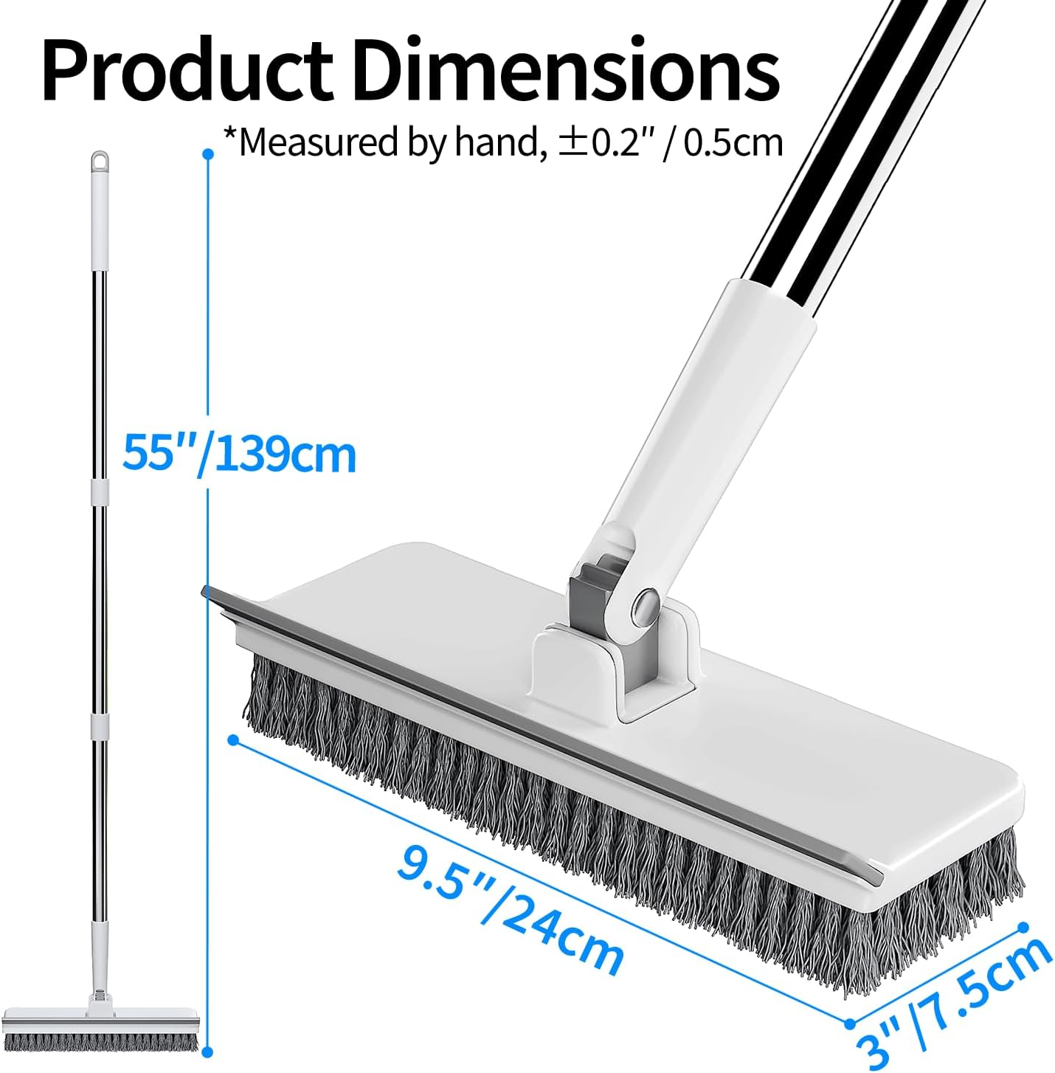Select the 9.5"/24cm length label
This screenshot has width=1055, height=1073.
point(511,909)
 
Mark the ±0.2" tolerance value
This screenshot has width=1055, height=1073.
point(607,141)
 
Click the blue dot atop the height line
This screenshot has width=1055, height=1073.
point(208,154)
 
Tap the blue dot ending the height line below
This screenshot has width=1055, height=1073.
point(208,1052)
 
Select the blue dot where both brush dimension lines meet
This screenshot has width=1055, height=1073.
point(849,1024)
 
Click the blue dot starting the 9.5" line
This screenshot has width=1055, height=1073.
point(233,739)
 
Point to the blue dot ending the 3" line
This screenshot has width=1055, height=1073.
point(1024,926)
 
